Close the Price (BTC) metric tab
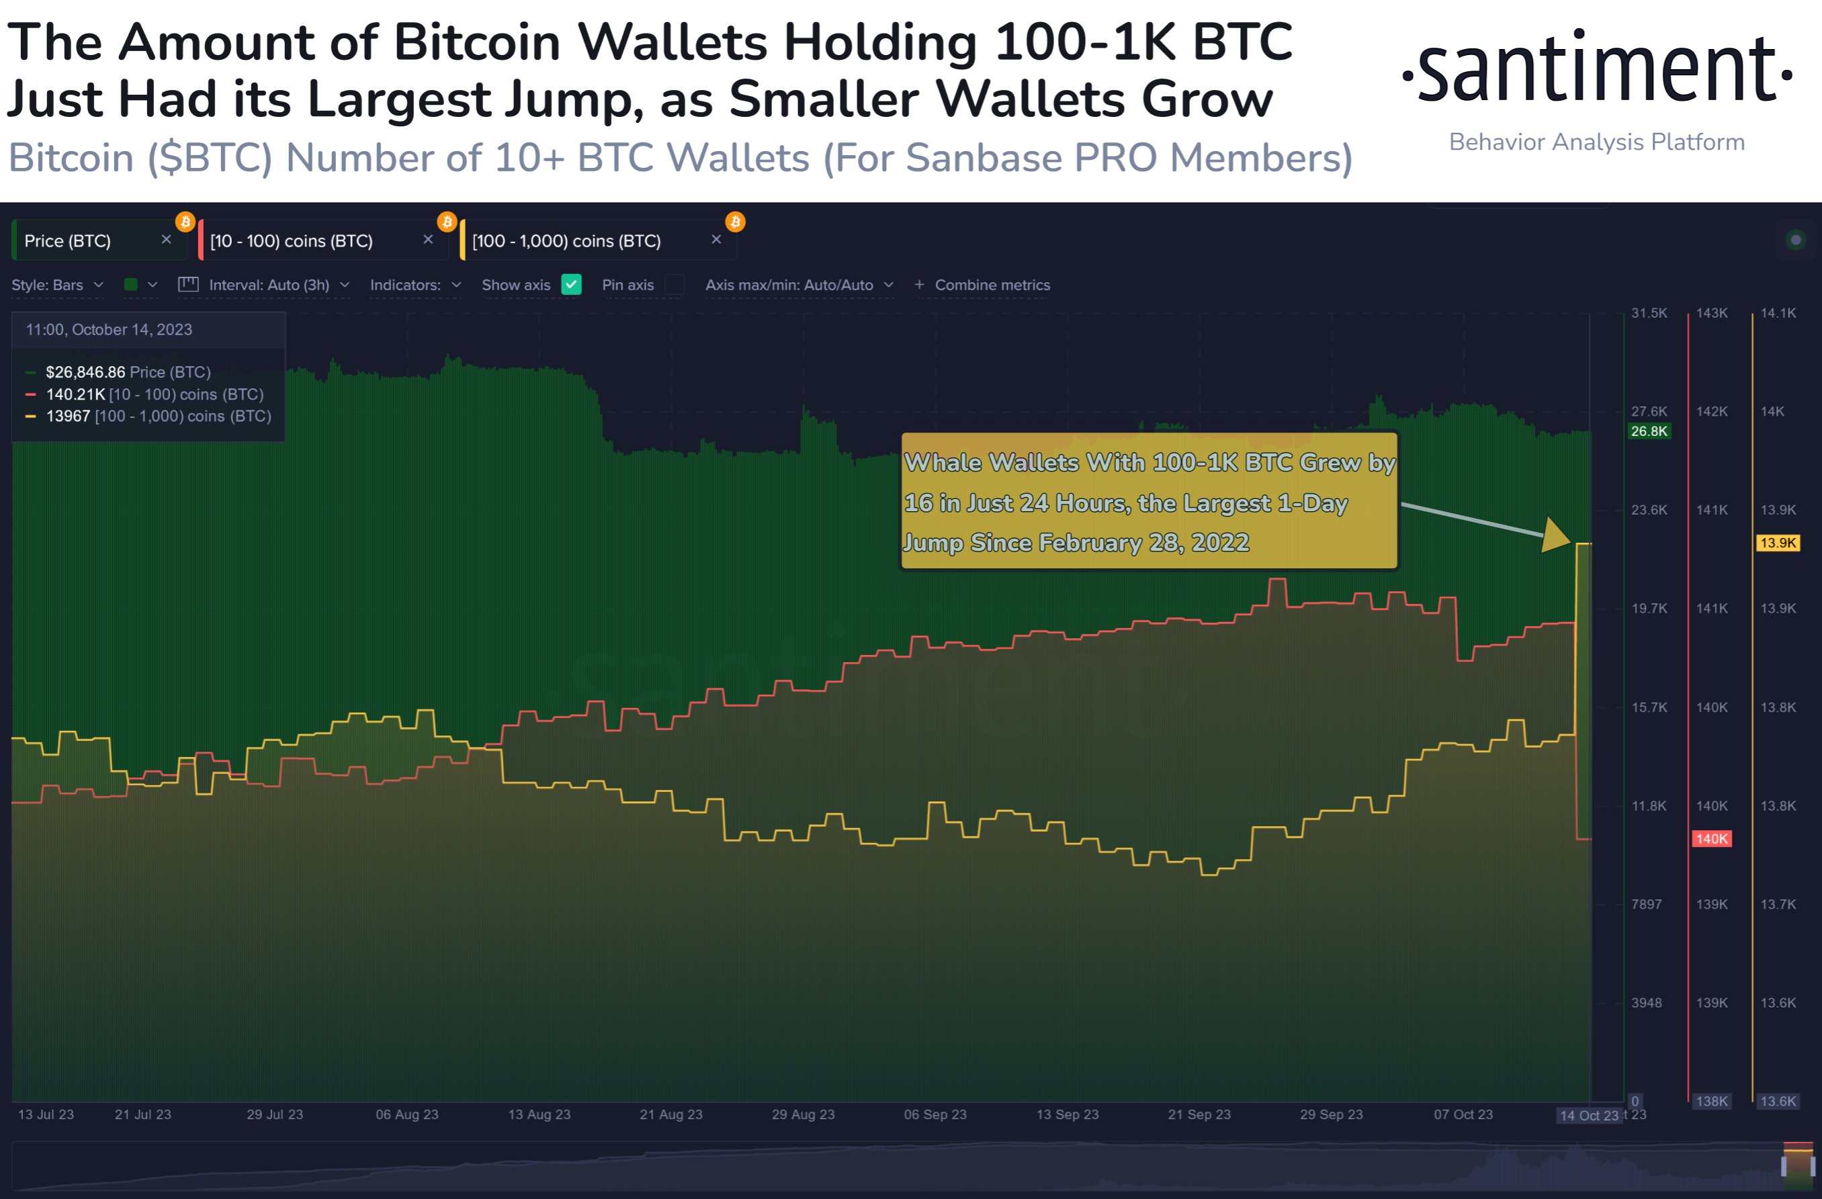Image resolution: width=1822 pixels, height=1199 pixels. (166, 240)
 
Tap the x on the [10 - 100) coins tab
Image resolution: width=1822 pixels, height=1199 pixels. (428, 240)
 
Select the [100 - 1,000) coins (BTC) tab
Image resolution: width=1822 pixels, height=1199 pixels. (566, 241)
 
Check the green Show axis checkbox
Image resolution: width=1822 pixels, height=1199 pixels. (571, 285)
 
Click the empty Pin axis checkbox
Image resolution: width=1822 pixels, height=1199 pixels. (675, 285)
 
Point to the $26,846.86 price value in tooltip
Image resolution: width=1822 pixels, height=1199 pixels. (85, 372)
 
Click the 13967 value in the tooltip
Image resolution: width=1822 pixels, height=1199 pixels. (67, 416)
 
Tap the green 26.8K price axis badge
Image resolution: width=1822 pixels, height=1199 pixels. (1648, 431)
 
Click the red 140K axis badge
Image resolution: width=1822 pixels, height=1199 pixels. (1711, 838)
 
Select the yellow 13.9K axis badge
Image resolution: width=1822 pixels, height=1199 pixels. (1778, 543)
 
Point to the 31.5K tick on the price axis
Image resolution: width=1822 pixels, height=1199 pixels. (1648, 313)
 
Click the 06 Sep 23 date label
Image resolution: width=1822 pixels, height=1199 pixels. (935, 1114)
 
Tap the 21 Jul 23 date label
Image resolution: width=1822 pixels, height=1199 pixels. (143, 1114)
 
